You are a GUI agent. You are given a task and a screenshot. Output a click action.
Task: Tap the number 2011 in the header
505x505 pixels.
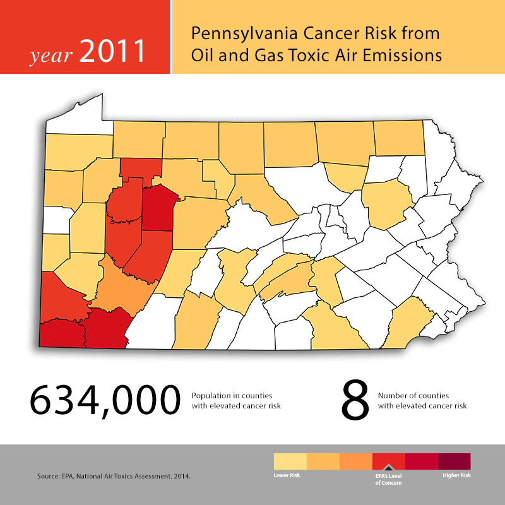(x=113, y=52)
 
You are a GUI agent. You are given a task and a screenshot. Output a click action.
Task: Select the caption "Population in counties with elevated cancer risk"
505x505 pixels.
(x=236, y=400)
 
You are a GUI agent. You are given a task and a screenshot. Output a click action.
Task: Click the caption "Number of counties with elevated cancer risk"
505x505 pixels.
(x=422, y=400)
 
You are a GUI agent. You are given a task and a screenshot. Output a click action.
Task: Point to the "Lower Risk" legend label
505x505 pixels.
(x=287, y=475)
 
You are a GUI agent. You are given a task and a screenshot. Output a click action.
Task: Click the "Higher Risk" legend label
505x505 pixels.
(x=456, y=475)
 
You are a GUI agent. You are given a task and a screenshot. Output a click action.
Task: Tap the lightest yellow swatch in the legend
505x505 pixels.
(x=290, y=461)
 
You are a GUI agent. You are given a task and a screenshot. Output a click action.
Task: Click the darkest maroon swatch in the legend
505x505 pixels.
(x=454, y=461)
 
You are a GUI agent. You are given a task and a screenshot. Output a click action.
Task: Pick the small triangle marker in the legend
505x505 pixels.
(x=388, y=467)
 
